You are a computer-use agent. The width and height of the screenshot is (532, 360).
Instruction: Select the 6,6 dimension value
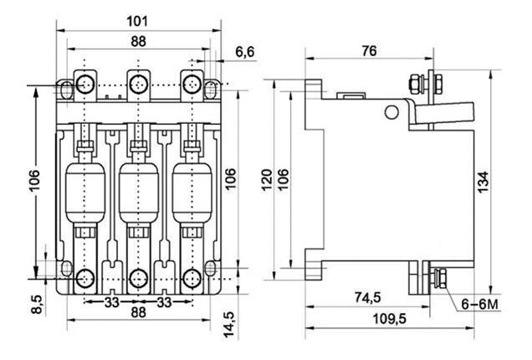(222, 53)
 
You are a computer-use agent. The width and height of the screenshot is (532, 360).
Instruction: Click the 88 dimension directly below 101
(140, 41)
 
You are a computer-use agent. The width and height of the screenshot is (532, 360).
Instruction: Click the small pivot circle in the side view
(390, 111)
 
